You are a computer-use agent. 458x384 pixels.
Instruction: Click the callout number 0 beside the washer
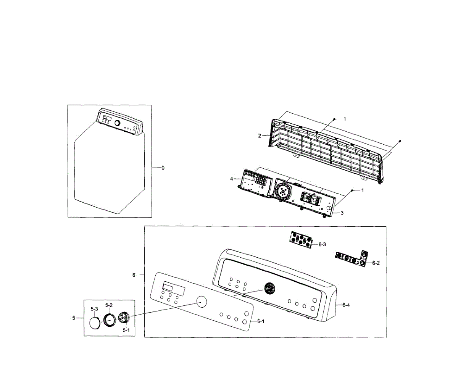(x=163, y=168)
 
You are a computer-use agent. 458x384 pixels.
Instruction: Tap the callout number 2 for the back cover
(x=260, y=136)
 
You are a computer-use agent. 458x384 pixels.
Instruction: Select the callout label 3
(x=342, y=213)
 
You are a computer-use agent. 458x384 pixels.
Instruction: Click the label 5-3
(x=94, y=308)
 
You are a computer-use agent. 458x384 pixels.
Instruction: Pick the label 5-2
(x=109, y=305)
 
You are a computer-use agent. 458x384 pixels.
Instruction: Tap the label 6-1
(x=261, y=322)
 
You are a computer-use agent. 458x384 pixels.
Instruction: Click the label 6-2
(x=376, y=263)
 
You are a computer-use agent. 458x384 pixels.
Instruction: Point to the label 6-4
(x=346, y=305)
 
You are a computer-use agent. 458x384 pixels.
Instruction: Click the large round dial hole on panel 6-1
(x=201, y=302)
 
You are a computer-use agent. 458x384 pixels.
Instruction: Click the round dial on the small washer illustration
(x=117, y=123)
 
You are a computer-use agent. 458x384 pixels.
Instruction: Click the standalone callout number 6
(x=134, y=275)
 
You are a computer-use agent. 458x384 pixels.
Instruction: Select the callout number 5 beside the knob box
(x=74, y=318)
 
